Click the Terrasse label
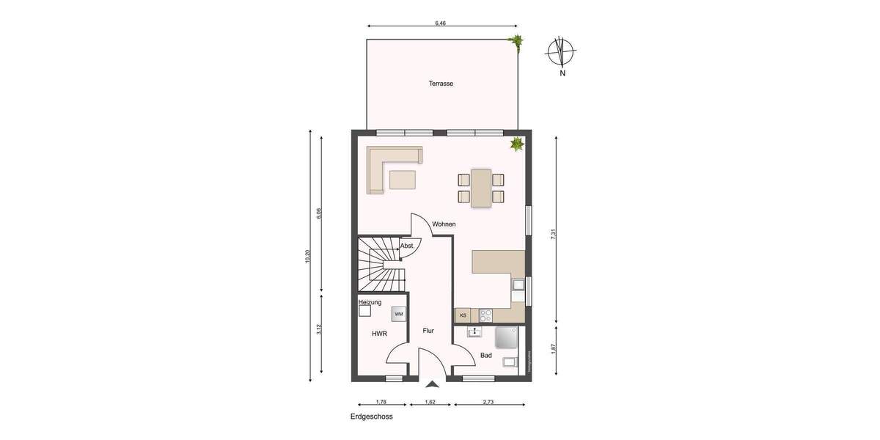click(x=441, y=84)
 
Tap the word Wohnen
click(x=444, y=224)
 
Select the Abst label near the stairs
click(x=406, y=246)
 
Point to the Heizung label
click(x=370, y=302)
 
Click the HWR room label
click(x=379, y=334)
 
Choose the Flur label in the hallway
click(x=428, y=331)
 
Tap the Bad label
click(x=486, y=356)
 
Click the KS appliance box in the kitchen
click(x=463, y=315)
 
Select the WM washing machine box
click(x=398, y=314)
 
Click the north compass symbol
click(x=562, y=51)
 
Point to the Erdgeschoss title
click(x=371, y=417)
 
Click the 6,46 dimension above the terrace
click(x=440, y=23)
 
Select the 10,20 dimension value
click(x=308, y=257)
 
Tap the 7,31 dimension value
click(x=554, y=235)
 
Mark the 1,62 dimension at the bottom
click(x=430, y=402)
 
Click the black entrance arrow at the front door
click(x=431, y=383)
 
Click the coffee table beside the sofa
click(x=402, y=180)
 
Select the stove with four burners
click(x=485, y=315)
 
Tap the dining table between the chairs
click(x=481, y=188)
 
